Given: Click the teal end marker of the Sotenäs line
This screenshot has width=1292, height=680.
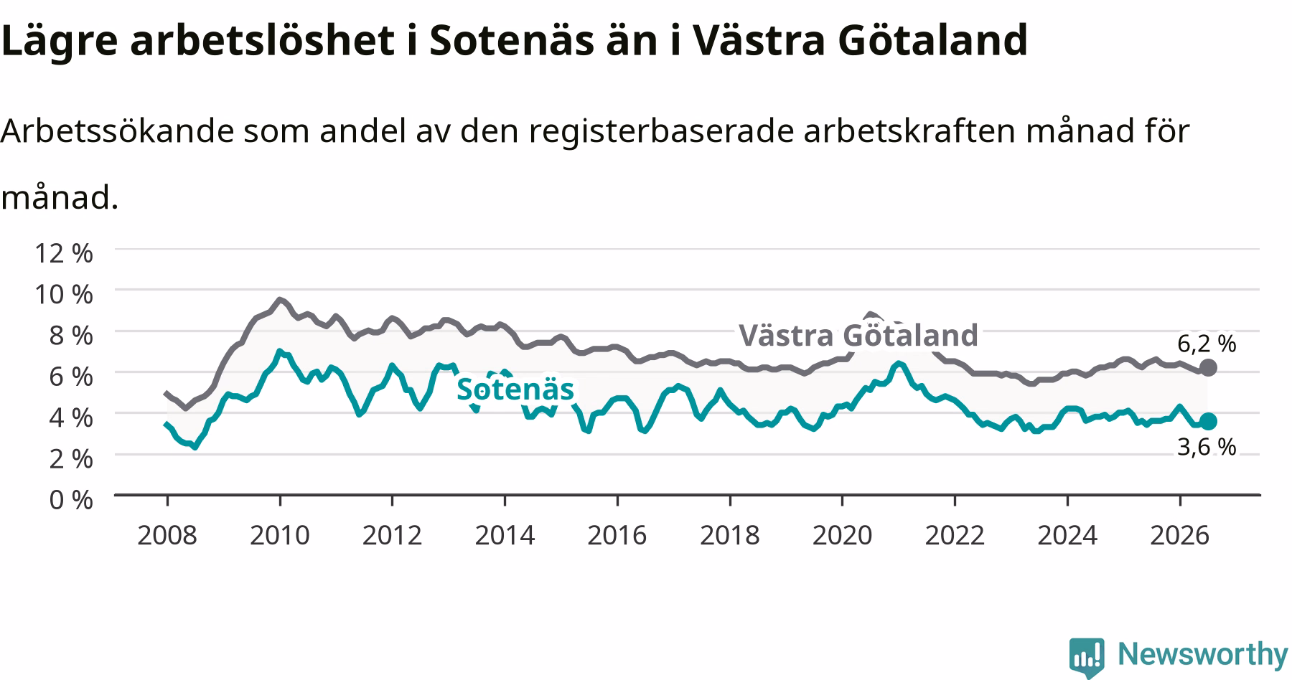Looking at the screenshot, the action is pyautogui.click(x=1208, y=421).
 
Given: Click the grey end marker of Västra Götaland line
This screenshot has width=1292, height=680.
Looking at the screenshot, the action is pyautogui.click(x=1208, y=368).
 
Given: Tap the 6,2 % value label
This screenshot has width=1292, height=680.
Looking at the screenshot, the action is pyautogui.click(x=1207, y=344).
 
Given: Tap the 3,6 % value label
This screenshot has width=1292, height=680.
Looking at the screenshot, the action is pyautogui.click(x=1207, y=447).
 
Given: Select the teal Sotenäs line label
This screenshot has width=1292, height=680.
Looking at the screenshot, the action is pyautogui.click(x=515, y=389).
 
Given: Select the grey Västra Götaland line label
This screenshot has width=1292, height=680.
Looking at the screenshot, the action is pyautogui.click(x=858, y=335).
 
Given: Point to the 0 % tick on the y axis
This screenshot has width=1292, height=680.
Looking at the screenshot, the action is pyautogui.click(x=71, y=499).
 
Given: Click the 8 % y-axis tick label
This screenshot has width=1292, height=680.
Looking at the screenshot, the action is pyautogui.click(x=71, y=335).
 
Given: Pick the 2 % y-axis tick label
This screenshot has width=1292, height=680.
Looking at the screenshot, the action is pyautogui.click(x=71, y=458).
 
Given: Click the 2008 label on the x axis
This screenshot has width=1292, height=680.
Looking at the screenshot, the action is pyautogui.click(x=167, y=535).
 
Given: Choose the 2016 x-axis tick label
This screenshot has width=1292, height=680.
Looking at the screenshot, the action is pyautogui.click(x=617, y=535).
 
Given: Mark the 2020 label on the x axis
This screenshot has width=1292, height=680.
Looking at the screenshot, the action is pyautogui.click(x=842, y=535).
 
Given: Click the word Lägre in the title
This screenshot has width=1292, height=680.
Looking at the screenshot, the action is pyautogui.click(x=59, y=42).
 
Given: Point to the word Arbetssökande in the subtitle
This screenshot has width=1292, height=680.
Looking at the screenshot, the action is pyautogui.click(x=118, y=131).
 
